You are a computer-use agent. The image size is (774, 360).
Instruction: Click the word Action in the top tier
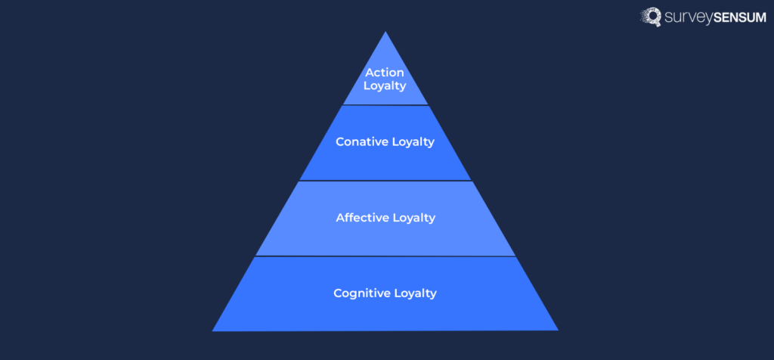point(385,73)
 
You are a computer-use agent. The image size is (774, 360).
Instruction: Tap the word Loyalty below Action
point(385,85)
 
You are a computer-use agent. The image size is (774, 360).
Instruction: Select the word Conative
point(360,142)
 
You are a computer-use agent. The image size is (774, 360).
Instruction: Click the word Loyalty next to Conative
point(410,142)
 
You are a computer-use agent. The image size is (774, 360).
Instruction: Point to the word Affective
point(361,218)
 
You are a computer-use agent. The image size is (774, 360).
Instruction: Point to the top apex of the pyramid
point(385,33)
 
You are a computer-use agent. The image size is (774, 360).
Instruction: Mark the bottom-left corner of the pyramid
point(213,331)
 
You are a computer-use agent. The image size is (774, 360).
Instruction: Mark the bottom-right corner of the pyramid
point(558,330)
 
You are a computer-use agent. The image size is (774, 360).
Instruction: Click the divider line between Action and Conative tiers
point(385,105)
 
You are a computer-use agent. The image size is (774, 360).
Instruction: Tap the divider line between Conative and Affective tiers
point(385,181)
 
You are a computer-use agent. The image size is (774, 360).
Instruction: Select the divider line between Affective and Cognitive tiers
point(385,256)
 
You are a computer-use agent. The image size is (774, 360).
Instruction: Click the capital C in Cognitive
point(338,293)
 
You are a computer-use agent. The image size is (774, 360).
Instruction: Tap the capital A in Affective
point(340,218)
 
